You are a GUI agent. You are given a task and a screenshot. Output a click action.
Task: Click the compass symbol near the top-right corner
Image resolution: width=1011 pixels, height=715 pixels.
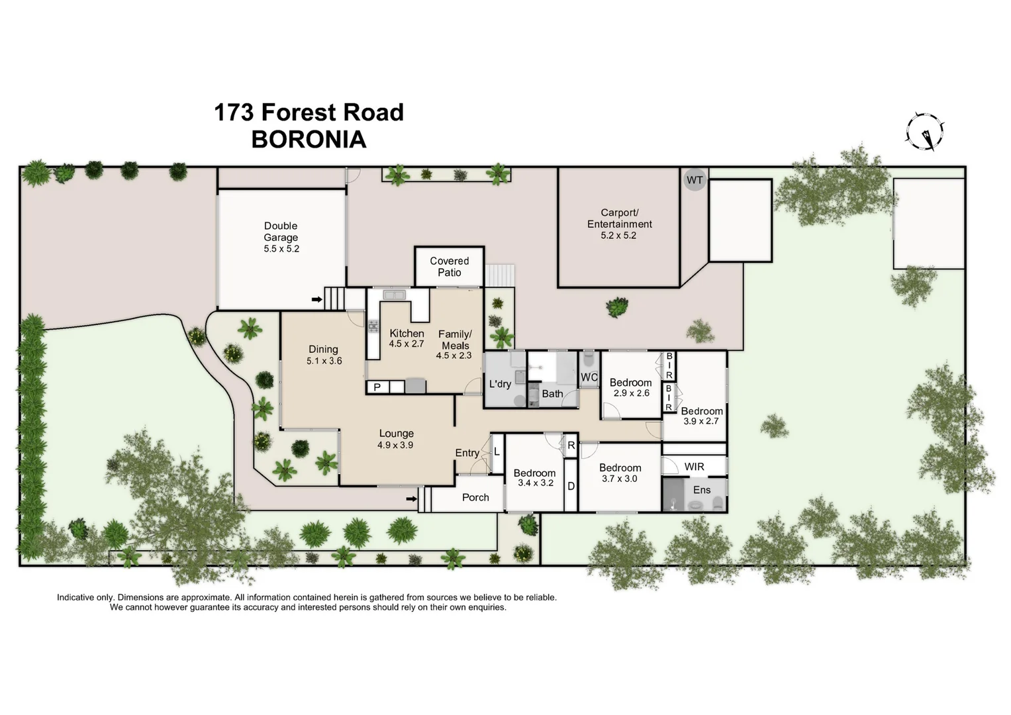(x=925, y=131)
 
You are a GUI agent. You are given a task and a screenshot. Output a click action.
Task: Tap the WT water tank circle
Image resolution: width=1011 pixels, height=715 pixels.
(x=695, y=180)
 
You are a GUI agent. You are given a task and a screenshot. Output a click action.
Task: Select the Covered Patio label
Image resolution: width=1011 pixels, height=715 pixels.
(x=449, y=267)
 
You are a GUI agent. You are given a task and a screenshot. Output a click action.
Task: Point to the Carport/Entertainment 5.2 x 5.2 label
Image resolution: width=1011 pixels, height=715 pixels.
(x=618, y=224)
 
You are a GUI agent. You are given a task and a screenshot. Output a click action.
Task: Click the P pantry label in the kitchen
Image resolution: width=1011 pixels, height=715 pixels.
(x=377, y=387)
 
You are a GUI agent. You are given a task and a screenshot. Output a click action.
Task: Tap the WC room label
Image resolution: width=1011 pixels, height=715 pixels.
(x=589, y=377)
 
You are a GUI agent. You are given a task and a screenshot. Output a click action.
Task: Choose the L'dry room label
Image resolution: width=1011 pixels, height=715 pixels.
(x=500, y=384)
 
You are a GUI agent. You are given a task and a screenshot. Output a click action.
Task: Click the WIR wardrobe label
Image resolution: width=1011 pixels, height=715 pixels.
(x=694, y=467)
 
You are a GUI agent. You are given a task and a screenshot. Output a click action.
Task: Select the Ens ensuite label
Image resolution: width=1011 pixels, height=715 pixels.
(x=702, y=490)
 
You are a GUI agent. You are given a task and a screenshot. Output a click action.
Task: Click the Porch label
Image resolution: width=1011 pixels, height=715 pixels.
(x=475, y=497)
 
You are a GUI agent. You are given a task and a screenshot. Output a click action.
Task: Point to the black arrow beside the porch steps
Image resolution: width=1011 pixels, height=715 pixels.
(x=411, y=499)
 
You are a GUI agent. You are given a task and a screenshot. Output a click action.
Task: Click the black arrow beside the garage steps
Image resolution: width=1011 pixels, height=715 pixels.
(x=317, y=300)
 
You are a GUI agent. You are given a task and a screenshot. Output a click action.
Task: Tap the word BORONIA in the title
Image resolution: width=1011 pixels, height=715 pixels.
(x=309, y=140)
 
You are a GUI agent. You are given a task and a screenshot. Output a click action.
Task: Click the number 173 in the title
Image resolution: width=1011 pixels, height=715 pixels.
(x=234, y=113)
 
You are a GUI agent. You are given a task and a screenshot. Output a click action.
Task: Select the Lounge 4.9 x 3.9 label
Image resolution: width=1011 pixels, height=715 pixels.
(x=396, y=439)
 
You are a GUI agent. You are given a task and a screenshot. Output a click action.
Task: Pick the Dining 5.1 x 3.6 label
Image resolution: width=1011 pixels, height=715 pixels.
(x=324, y=355)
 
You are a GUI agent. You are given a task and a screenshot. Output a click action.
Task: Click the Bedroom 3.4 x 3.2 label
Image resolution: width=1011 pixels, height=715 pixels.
(x=534, y=477)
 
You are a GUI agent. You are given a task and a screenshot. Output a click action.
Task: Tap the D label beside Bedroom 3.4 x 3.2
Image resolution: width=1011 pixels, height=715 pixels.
(x=571, y=486)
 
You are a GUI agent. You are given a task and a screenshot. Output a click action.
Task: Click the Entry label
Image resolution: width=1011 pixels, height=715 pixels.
(x=467, y=453)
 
